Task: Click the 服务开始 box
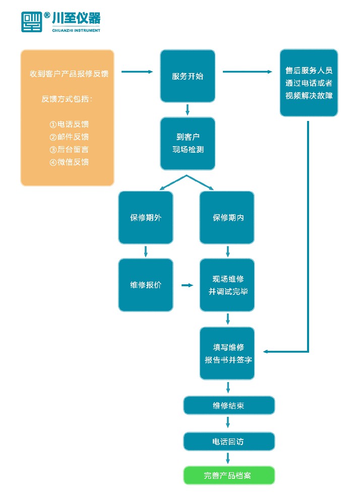188,76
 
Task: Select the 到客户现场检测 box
188,144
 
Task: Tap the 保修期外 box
145,218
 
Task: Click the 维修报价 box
145,285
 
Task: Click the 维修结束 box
228,405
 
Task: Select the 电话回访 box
228,442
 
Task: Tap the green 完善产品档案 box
228,475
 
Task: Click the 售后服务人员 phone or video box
309,83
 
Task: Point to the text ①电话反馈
69,124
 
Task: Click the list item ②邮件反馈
69,137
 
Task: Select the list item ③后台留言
69,150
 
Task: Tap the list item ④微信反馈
69,162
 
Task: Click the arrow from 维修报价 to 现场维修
187,285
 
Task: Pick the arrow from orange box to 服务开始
137,72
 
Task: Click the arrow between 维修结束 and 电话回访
228,423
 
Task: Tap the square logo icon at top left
31,22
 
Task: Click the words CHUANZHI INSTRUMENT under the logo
76,30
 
